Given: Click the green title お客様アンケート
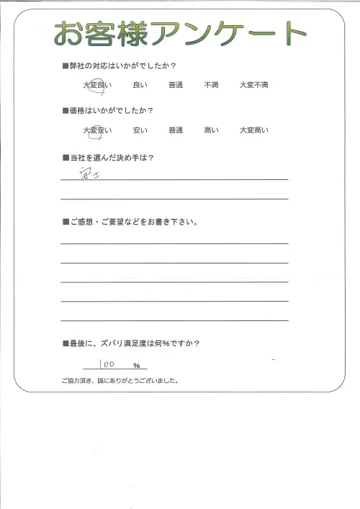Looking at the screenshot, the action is click(x=180, y=33).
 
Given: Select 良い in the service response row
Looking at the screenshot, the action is click(x=140, y=86).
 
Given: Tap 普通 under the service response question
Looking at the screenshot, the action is click(x=176, y=86).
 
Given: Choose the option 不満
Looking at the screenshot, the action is click(x=212, y=86).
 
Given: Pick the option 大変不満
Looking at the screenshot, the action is click(x=254, y=86).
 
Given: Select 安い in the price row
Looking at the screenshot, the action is click(x=140, y=130).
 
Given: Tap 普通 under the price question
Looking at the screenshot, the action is click(x=176, y=130).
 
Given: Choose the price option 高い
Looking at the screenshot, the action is click(x=212, y=130).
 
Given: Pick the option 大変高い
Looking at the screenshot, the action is click(x=254, y=130).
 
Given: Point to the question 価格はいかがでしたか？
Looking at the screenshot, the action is click(x=114, y=111).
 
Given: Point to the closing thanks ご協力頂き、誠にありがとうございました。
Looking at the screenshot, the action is click(x=120, y=381).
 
